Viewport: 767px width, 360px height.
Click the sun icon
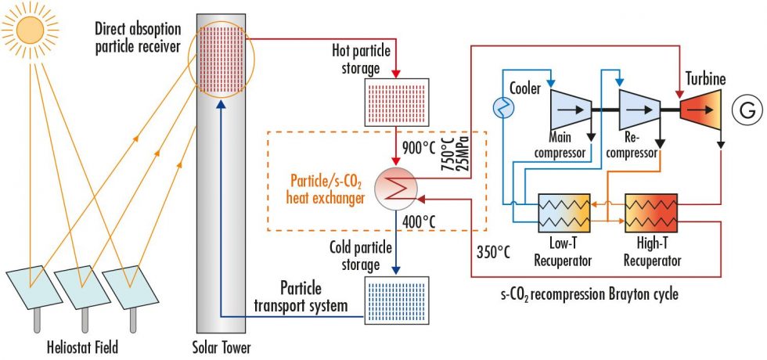click(30, 31)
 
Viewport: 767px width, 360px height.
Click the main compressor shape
click(571, 110)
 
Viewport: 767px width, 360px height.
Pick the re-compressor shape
click(639, 110)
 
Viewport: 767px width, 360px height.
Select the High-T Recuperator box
click(651, 213)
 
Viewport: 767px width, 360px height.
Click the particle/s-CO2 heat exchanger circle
click(395, 189)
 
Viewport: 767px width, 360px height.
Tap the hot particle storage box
click(396, 103)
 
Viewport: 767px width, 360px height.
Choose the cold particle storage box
click(396, 300)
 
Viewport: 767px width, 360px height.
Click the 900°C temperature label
click(418, 147)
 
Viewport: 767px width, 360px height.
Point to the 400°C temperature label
click(418, 222)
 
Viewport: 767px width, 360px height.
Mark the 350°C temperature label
click(493, 252)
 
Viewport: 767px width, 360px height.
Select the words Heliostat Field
click(82, 347)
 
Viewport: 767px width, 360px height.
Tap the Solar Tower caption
click(221, 347)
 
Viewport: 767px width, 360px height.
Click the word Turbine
click(706, 79)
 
